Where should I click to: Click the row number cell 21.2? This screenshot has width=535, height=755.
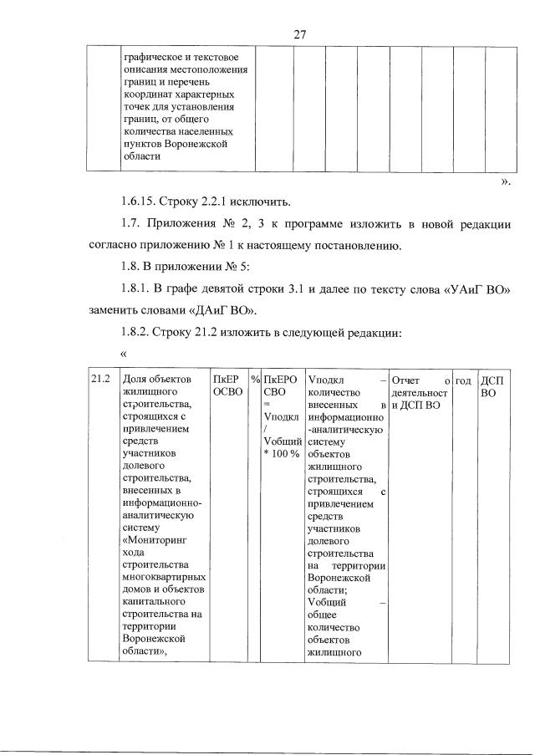101,381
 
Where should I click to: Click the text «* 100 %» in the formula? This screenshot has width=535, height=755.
281,453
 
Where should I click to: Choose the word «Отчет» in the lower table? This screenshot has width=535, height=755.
407,381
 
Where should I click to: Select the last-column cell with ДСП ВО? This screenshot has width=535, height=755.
494,388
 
